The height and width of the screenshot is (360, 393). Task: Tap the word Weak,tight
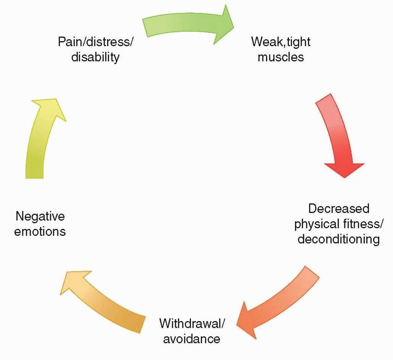click(x=281, y=42)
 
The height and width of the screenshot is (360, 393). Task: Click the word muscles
click(x=281, y=57)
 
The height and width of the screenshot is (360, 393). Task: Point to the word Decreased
click(x=338, y=208)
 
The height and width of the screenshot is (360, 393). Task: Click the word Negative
click(x=40, y=216)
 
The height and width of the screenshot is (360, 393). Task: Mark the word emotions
click(x=40, y=231)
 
